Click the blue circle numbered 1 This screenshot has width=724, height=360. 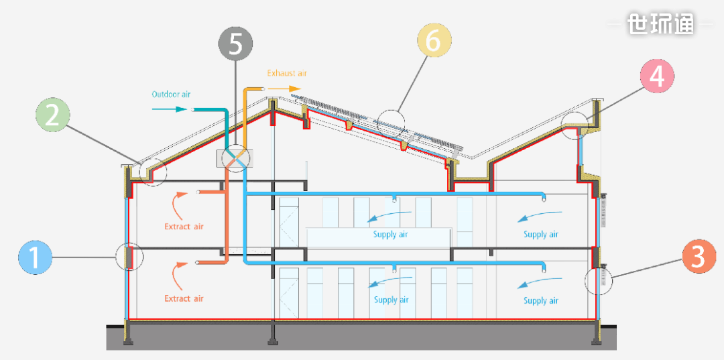click(38, 257)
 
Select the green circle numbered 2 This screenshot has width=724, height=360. click(52, 115)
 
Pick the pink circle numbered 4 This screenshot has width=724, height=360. click(657, 76)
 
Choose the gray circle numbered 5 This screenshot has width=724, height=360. click(235, 44)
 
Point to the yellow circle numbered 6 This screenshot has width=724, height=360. click(433, 42)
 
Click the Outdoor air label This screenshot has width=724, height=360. click(171, 95)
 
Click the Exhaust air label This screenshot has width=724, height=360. click(287, 73)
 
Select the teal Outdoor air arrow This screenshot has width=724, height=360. click(172, 109)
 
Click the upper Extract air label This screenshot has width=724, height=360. click(184, 227)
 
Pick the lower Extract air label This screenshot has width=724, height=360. click(184, 298)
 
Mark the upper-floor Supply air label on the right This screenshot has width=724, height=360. click(540, 235)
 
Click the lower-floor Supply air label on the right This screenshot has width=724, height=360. click(540, 301)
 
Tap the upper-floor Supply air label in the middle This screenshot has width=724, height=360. click(390, 235)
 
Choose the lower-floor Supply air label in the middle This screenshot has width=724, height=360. click(391, 300)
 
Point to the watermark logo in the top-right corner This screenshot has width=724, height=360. click(661, 25)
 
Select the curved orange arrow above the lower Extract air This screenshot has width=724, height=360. click(178, 275)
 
